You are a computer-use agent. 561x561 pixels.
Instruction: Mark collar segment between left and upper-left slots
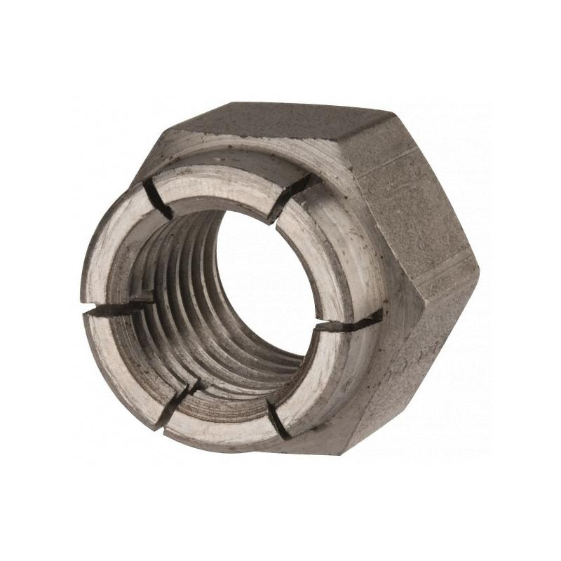pos(116,245)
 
